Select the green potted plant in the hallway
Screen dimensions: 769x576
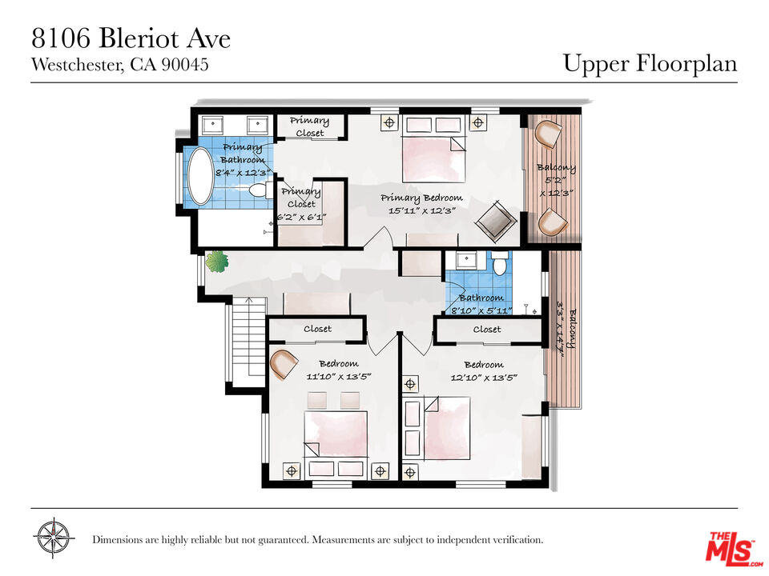click(217, 262)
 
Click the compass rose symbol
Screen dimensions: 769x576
click(54, 538)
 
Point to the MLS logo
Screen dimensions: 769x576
click(733, 547)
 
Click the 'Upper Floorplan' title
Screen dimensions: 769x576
click(650, 63)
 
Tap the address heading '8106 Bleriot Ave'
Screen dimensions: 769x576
click(131, 38)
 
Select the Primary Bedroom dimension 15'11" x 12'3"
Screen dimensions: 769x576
click(423, 210)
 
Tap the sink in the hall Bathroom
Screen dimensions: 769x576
click(467, 259)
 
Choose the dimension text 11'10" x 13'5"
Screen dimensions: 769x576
click(339, 377)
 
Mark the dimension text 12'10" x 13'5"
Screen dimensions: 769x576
click(484, 378)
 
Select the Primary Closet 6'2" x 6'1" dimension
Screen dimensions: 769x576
click(302, 217)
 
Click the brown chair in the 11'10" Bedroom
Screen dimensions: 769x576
click(284, 364)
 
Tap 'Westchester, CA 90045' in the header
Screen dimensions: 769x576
click(120, 65)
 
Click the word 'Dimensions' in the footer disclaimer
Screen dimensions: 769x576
click(119, 540)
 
